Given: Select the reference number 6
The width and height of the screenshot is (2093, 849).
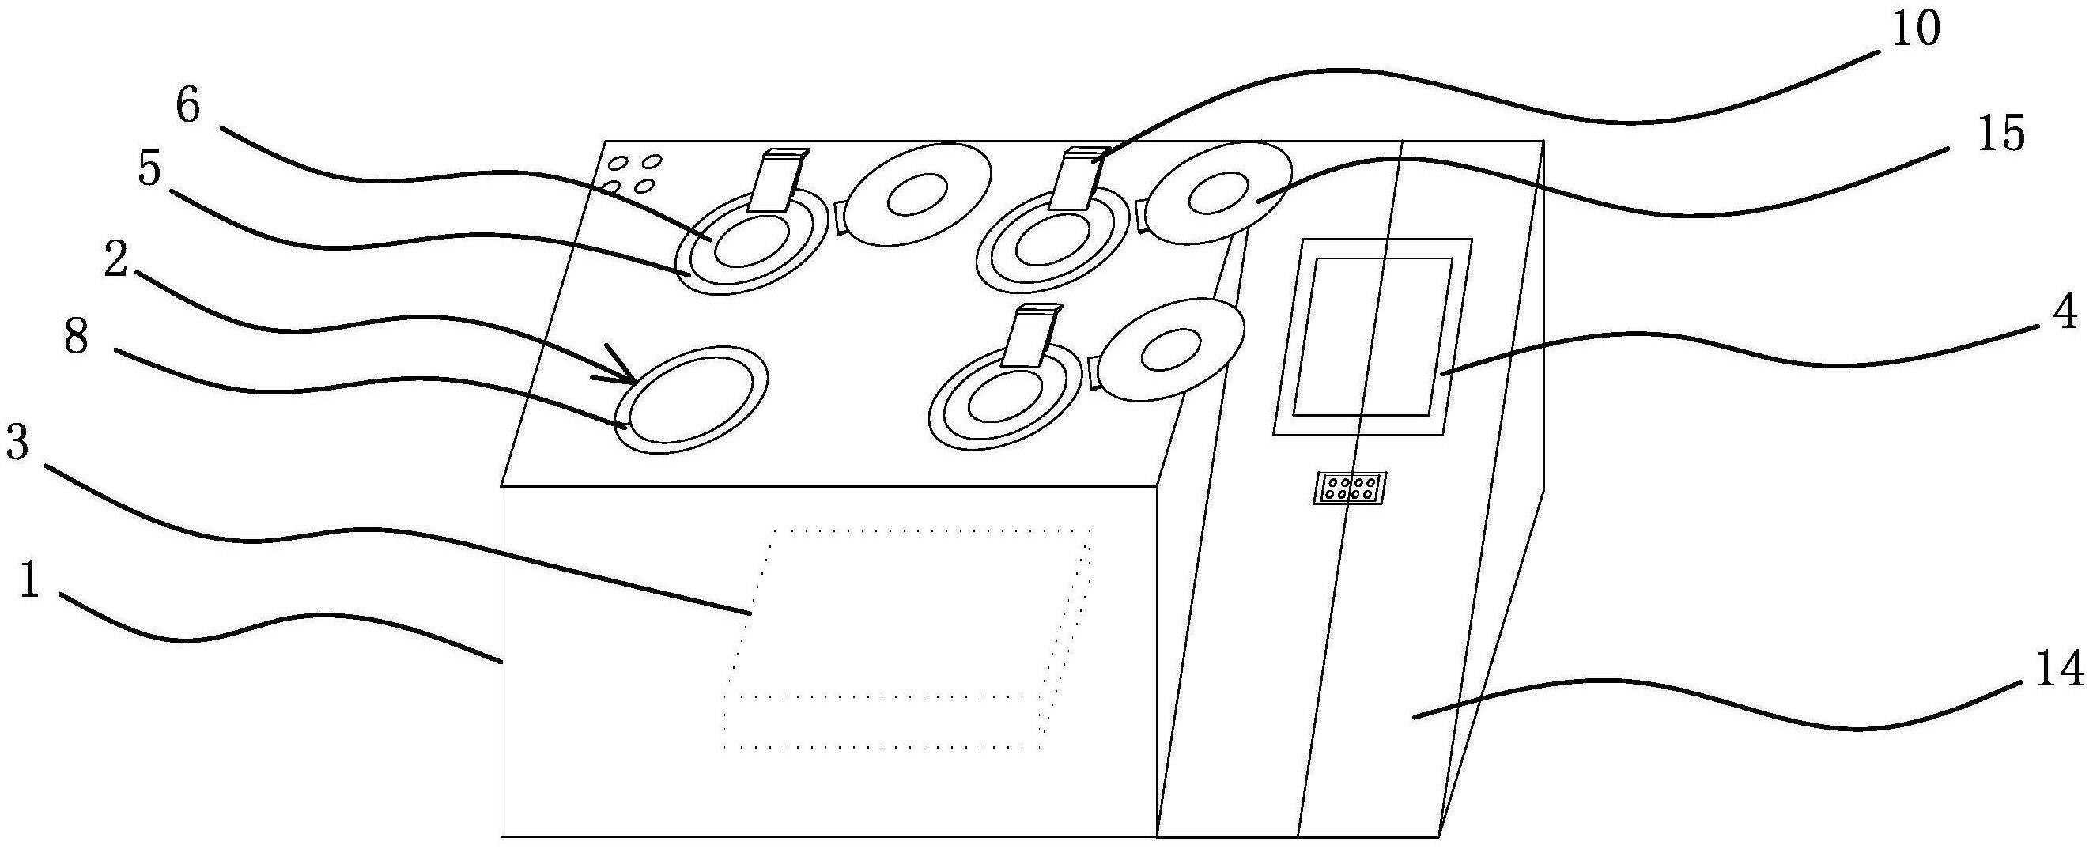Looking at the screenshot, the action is (x=187, y=107).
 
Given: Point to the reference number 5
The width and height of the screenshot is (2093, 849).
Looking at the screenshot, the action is (x=149, y=170).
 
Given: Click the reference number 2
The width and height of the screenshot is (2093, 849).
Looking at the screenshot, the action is (x=115, y=259).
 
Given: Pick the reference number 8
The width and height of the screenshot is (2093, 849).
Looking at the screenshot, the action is (x=76, y=335).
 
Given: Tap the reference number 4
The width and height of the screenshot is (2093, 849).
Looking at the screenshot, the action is (x=2065, y=312).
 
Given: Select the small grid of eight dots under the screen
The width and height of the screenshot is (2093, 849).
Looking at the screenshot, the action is (x=1350, y=488).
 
